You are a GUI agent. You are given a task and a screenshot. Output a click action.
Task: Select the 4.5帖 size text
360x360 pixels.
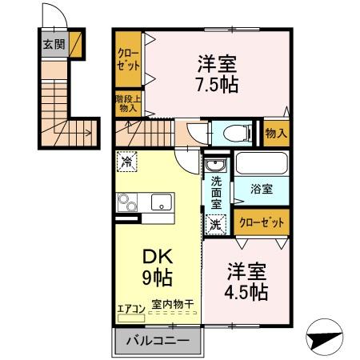point(246,291)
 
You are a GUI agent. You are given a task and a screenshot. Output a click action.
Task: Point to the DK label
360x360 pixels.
point(157,258)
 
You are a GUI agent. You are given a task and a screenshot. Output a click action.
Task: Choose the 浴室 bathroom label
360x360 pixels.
point(262,189)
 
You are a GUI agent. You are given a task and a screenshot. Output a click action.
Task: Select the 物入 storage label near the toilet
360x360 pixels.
point(275,133)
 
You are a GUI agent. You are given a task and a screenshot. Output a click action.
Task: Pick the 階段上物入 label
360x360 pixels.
point(128,104)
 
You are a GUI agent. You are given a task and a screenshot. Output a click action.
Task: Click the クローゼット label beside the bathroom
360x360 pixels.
point(261,223)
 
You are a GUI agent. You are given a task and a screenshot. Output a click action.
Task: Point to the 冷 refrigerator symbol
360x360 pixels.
point(127,162)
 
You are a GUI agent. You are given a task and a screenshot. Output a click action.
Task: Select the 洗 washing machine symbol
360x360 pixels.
point(214,226)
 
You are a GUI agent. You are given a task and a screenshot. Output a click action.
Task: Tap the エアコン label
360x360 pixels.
point(130,308)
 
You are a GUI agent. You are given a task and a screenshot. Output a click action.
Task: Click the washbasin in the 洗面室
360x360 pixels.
point(215,166)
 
